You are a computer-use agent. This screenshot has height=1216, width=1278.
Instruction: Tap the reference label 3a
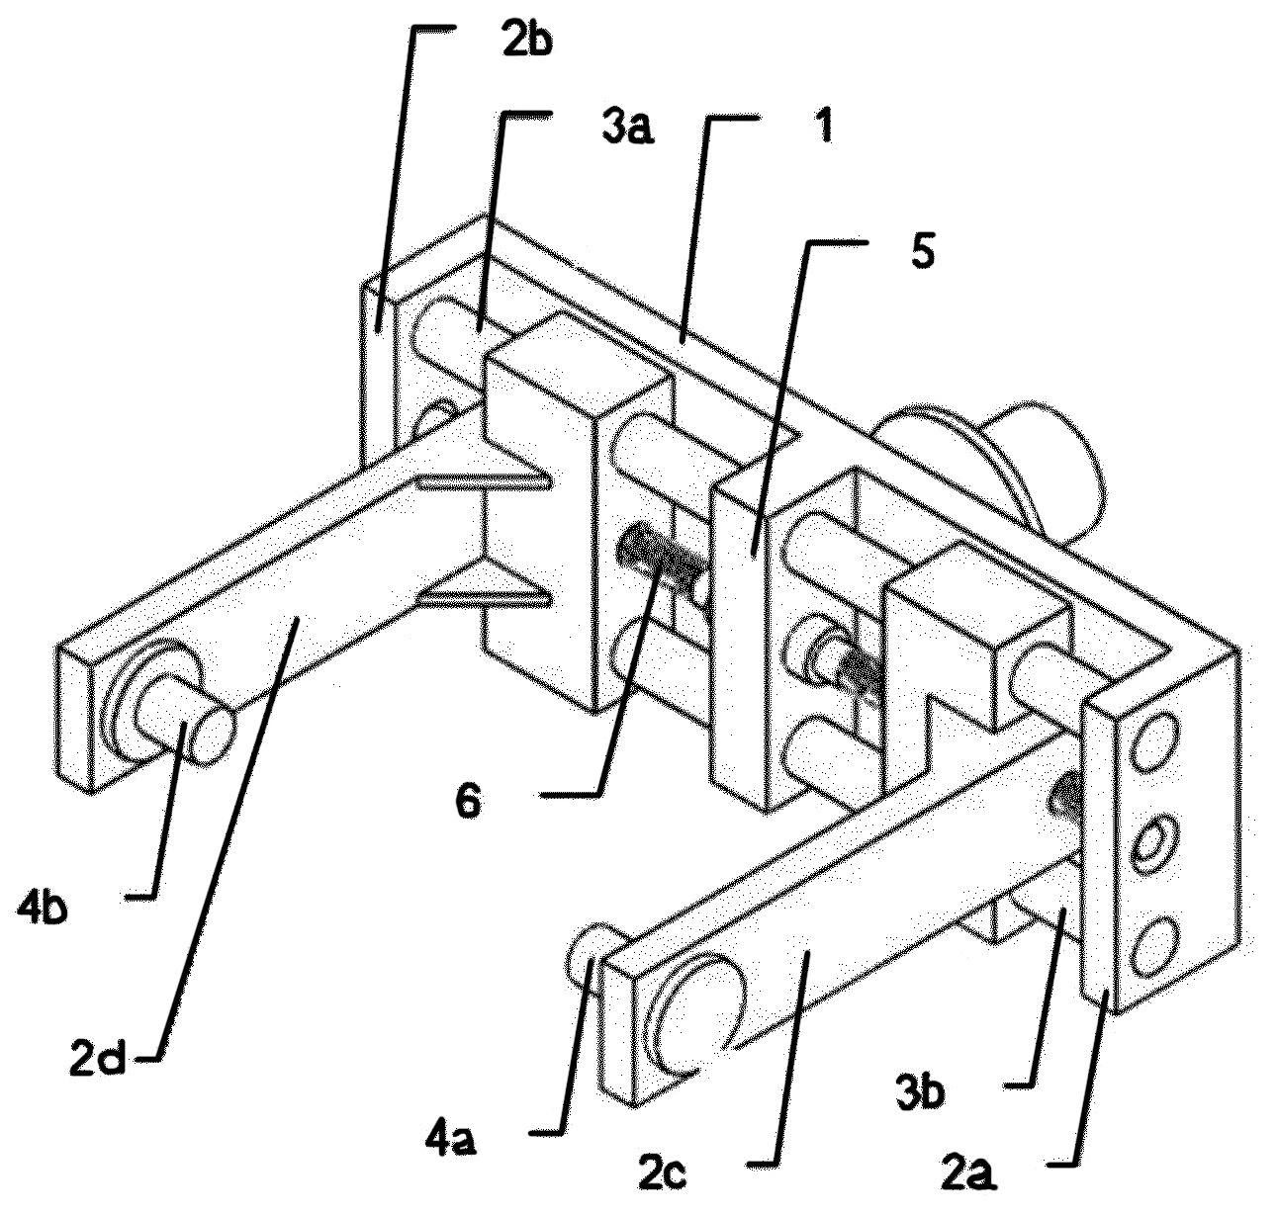click(627, 129)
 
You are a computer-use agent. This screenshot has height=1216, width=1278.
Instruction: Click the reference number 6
click(468, 802)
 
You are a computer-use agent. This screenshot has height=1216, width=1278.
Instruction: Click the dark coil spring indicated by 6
click(661, 557)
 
